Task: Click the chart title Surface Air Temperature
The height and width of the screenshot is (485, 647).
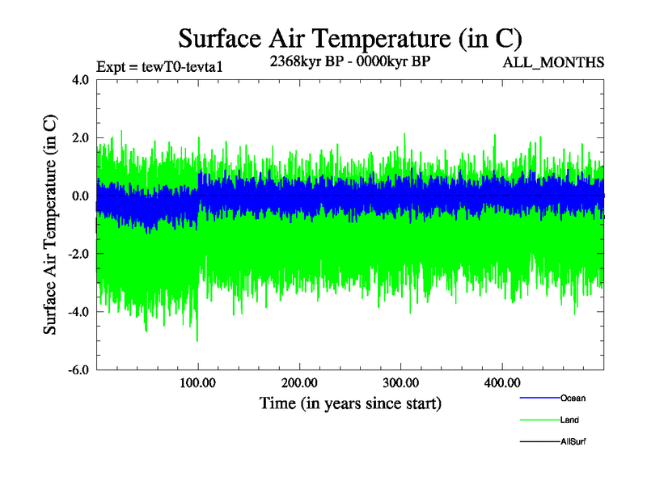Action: [349, 38]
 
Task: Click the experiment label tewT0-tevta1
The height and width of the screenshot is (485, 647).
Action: [159, 66]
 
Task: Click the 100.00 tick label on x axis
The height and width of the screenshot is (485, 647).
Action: [198, 383]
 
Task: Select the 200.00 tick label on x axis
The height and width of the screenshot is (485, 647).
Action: [299, 383]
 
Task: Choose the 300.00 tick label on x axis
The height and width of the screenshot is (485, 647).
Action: [400, 383]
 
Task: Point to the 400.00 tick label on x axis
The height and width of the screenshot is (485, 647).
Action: [501, 383]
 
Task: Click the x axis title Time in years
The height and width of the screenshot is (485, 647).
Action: [350, 403]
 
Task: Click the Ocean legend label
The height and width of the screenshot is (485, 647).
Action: [573, 399]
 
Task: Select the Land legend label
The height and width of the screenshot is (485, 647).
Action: [569, 420]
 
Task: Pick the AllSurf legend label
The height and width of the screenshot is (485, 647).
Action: [573, 442]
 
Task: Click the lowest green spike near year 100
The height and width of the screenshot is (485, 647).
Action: [197, 340]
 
